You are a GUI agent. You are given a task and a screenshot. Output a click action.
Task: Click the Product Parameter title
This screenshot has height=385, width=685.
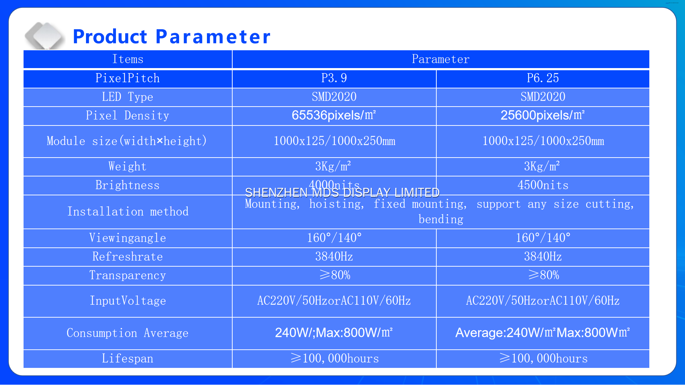click(171, 37)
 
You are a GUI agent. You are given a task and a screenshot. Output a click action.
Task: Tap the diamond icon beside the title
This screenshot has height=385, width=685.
click(45, 36)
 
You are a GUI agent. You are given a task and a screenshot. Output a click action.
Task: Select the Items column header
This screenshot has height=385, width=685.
click(128, 59)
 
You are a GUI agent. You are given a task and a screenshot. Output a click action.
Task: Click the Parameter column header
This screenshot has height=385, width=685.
click(441, 59)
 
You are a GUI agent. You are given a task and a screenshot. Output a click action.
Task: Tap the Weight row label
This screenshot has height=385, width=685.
click(128, 166)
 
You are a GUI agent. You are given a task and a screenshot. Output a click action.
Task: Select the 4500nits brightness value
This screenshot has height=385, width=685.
click(543, 185)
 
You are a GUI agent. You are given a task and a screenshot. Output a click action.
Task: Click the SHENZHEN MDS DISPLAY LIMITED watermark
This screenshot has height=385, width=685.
click(342, 192)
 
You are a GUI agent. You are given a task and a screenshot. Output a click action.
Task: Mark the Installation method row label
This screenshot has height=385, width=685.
click(128, 212)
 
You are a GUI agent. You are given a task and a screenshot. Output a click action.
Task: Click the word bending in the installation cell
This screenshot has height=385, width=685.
click(441, 220)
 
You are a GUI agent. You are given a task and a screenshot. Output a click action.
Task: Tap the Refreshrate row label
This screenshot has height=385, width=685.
click(128, 257)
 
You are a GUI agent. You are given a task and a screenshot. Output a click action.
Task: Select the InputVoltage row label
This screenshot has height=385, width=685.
click(128, 301)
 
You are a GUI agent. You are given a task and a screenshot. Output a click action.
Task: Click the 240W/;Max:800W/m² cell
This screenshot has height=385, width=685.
click(334, 333)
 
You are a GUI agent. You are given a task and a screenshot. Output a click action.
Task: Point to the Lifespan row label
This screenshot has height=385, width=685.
click(128, 359)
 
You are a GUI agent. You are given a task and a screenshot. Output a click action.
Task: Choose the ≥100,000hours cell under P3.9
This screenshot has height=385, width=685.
click(335, 359)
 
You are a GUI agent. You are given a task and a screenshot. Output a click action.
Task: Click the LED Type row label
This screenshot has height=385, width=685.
click(128, 97)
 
